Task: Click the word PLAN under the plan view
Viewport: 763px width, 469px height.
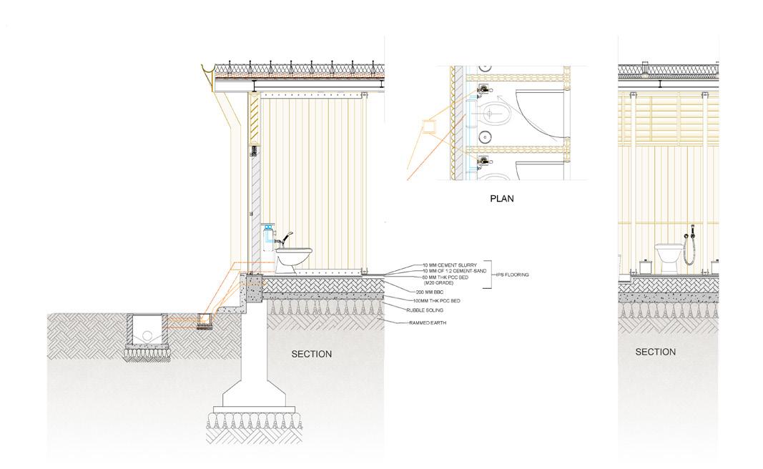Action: pyautogui.click(x=501, y=199)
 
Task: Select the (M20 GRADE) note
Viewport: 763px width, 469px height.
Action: pyautogui.click(x=438, y=282)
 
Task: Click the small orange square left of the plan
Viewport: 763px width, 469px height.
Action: pyautogui.click(x=431, y=127)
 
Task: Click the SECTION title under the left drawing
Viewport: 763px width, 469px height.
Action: pyautogui.click(x=311, y=354)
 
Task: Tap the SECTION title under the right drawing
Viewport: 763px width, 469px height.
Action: pyautogui.click(x=656, y=352)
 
